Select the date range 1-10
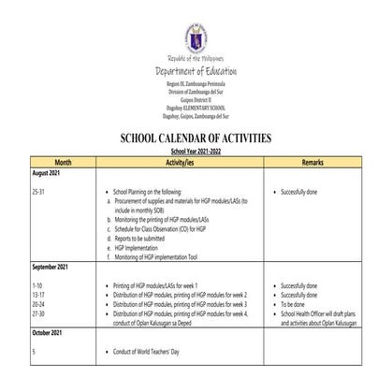36,284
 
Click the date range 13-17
38,294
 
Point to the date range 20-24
38,304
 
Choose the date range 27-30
38,314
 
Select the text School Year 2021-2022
196,151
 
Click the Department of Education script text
196,71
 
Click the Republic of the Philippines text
196,58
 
